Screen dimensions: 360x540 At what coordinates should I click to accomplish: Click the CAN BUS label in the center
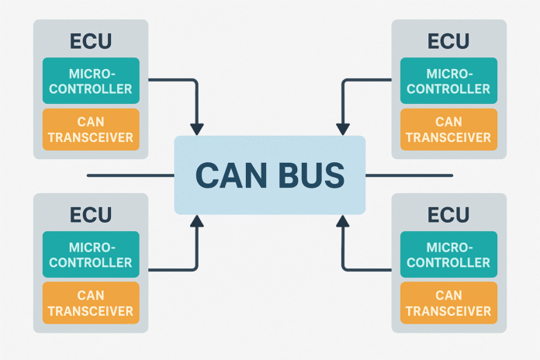(269, 175)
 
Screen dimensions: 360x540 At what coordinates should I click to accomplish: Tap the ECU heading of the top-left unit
(91, 41)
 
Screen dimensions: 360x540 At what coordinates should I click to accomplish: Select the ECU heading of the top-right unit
(449, 41)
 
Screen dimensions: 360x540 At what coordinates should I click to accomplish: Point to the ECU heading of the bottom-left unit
(91, 214)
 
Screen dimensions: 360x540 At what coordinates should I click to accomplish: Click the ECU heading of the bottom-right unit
(449, 214)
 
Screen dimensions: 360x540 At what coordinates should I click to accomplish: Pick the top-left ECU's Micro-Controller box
(91, 81)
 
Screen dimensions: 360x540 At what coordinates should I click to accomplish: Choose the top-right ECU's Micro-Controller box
(449, 81)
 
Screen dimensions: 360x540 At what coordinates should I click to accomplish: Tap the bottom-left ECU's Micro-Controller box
(91, 254)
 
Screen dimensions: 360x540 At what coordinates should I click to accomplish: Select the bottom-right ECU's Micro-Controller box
(449, 254)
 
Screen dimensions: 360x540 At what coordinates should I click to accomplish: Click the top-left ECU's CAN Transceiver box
(91, 130)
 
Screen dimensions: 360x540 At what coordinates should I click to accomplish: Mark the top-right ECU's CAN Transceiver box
(449, 130)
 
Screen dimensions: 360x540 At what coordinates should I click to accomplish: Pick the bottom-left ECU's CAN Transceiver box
(91, 303)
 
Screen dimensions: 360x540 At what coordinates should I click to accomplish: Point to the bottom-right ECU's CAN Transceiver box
(449, 303)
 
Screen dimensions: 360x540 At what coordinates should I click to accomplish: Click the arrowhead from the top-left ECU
(197, 128)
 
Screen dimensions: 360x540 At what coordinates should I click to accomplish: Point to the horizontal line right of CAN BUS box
(409, 175)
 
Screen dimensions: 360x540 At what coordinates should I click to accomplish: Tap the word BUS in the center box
(310, 175)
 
